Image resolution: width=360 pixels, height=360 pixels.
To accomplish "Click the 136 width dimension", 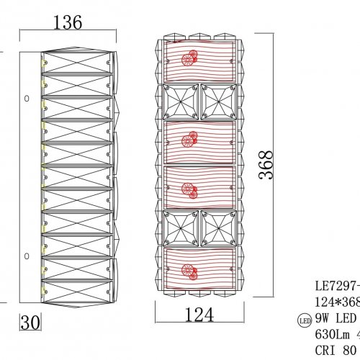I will pos(68,22).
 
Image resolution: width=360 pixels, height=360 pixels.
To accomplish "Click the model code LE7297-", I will pos(337,285).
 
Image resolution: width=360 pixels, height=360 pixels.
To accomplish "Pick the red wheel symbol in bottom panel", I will pos(191,271).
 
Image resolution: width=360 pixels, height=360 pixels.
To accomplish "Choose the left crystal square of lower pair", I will pos(181,227).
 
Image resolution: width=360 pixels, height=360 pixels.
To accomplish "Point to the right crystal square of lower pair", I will pos(217,227).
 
